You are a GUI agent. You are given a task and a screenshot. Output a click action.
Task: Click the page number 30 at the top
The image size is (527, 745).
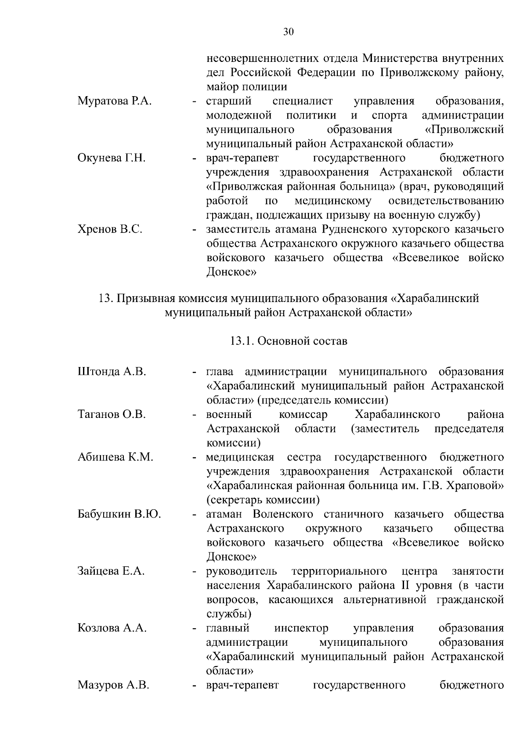point(289,32)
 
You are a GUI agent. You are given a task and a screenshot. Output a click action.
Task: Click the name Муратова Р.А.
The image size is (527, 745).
point(115,101)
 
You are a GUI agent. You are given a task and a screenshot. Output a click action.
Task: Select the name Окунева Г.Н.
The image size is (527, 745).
point(112,158)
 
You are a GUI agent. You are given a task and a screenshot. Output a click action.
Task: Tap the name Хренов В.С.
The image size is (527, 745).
point(110,229)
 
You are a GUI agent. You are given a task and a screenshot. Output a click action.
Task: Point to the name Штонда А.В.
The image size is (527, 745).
point(112,372)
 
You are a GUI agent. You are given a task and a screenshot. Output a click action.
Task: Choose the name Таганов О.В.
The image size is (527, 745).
point(112,414)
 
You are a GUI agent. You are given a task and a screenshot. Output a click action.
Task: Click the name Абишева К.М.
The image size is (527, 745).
point(116,457)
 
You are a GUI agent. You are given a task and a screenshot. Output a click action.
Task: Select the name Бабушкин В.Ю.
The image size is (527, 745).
point(119,514)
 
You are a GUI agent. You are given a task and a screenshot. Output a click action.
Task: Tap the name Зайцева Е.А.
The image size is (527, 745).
point(111,571)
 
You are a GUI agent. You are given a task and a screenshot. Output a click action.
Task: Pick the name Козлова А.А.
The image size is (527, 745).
point(112,628)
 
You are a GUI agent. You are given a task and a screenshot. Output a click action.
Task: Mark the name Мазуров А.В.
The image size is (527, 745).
point(113,685)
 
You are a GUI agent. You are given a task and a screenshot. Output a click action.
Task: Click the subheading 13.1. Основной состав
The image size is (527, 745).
point(289,341)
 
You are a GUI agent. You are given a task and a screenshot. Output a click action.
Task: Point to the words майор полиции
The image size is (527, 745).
point(246,87)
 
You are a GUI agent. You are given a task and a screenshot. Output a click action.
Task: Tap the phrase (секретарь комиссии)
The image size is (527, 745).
point(263,500)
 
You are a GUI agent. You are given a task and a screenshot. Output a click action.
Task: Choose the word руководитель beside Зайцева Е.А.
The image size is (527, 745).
point(242,571)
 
